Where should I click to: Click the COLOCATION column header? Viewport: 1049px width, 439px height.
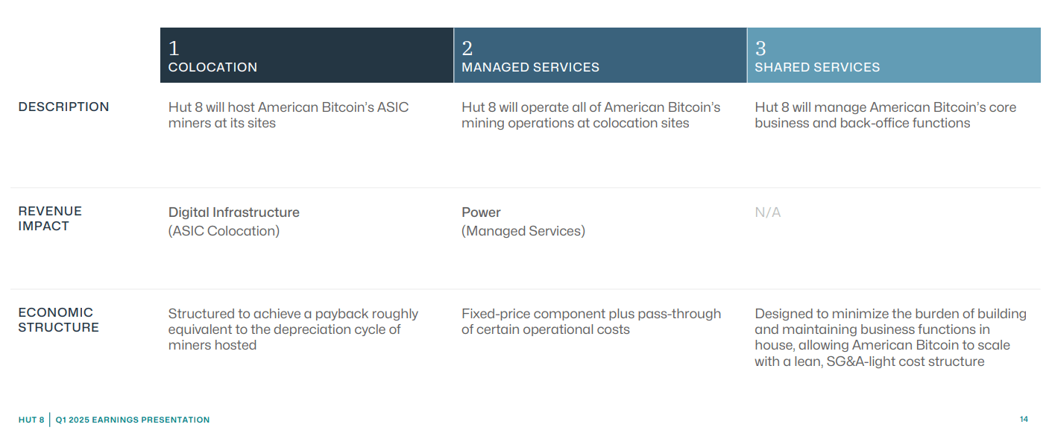212,67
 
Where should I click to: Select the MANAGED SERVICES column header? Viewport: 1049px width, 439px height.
530,67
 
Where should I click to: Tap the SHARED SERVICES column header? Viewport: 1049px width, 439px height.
817,67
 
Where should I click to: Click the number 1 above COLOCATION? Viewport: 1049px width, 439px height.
174,48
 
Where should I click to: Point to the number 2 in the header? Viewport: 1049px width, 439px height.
467,48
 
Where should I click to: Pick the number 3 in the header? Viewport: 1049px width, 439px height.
760,48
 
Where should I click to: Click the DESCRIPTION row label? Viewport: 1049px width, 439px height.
63,107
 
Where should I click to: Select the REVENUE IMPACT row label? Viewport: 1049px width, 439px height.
50,218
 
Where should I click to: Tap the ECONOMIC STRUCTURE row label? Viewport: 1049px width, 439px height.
58,320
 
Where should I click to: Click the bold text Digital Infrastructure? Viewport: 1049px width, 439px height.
233,212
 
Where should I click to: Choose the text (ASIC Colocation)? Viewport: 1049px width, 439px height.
224,231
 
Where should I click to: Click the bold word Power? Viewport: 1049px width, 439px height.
481,212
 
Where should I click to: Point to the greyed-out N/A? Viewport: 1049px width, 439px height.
767,212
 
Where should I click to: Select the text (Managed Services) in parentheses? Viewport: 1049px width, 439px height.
523,231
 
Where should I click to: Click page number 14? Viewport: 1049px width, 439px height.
1024,420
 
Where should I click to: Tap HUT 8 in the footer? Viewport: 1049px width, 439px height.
31,420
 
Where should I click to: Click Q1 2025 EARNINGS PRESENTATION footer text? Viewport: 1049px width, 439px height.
132,420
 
